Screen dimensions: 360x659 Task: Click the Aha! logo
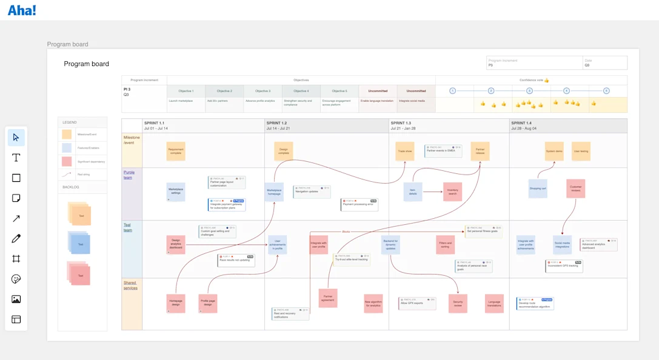pos(22,10)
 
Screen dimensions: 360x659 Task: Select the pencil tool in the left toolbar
pos(16,239)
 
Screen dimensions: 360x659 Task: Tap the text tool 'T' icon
pos(16,158)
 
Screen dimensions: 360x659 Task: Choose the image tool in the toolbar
pos(16,299)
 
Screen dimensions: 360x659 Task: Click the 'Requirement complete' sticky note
pos(176,151)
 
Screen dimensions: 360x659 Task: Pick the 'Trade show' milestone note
pos(404,152)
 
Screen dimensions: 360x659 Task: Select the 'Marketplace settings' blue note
pos(176,192)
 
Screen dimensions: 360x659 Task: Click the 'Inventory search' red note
pos(452,192)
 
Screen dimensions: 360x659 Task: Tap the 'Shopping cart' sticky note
pos(538,188)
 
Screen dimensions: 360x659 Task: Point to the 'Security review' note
pos(458,303)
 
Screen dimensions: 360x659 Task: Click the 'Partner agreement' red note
pos(327,298)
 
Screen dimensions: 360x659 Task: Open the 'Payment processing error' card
pos(360,205)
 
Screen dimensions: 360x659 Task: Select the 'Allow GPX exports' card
pos(417,303)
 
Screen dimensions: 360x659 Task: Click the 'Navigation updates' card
pos(312,192)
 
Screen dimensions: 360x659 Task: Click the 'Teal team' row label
pos(128,227)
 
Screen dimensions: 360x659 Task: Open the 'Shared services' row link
pos(130,285)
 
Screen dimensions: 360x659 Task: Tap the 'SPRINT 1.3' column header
pos(401,123)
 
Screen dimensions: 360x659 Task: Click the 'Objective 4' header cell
pos(301,91)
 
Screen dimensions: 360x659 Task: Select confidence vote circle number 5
pos(606,91)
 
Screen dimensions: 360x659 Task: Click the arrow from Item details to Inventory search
pos(432,192)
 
